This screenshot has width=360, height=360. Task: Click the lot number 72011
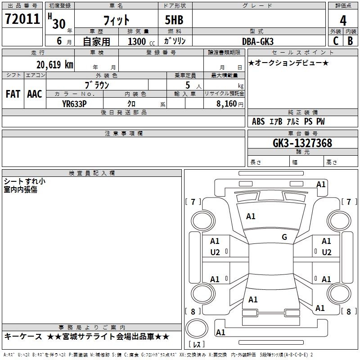tap(22, 19)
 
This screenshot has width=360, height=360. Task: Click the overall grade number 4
tap(343, 21)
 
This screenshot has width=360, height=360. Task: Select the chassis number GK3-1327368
tap(302, 143)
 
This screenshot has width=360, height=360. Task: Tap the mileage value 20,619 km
tap(55, 65)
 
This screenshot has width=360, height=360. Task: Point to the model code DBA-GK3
tap(258, 41)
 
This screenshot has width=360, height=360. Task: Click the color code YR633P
tap(74, 104)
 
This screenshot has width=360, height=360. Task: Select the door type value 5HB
tap(174, 20)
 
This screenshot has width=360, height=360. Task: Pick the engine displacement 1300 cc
tap(141, 41)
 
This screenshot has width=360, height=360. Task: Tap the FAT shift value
tap(13, 94)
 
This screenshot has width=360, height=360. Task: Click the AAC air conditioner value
tap(35, 94)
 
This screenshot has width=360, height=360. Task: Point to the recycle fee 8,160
tap(226, 104)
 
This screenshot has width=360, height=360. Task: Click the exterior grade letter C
tap(336, 41)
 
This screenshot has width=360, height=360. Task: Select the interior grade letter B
tap(350, 41)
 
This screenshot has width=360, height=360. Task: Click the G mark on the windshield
tap(284, 237)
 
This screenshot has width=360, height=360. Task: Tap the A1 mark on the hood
tap(251, 216)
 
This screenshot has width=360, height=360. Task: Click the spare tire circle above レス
tap(197, 328)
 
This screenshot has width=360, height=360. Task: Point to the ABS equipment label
tap(258, 121)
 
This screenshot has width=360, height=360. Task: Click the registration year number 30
tap(59, 24)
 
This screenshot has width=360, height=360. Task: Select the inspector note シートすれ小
tap(25, 181)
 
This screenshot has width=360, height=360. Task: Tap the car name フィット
tap(117, 20)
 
